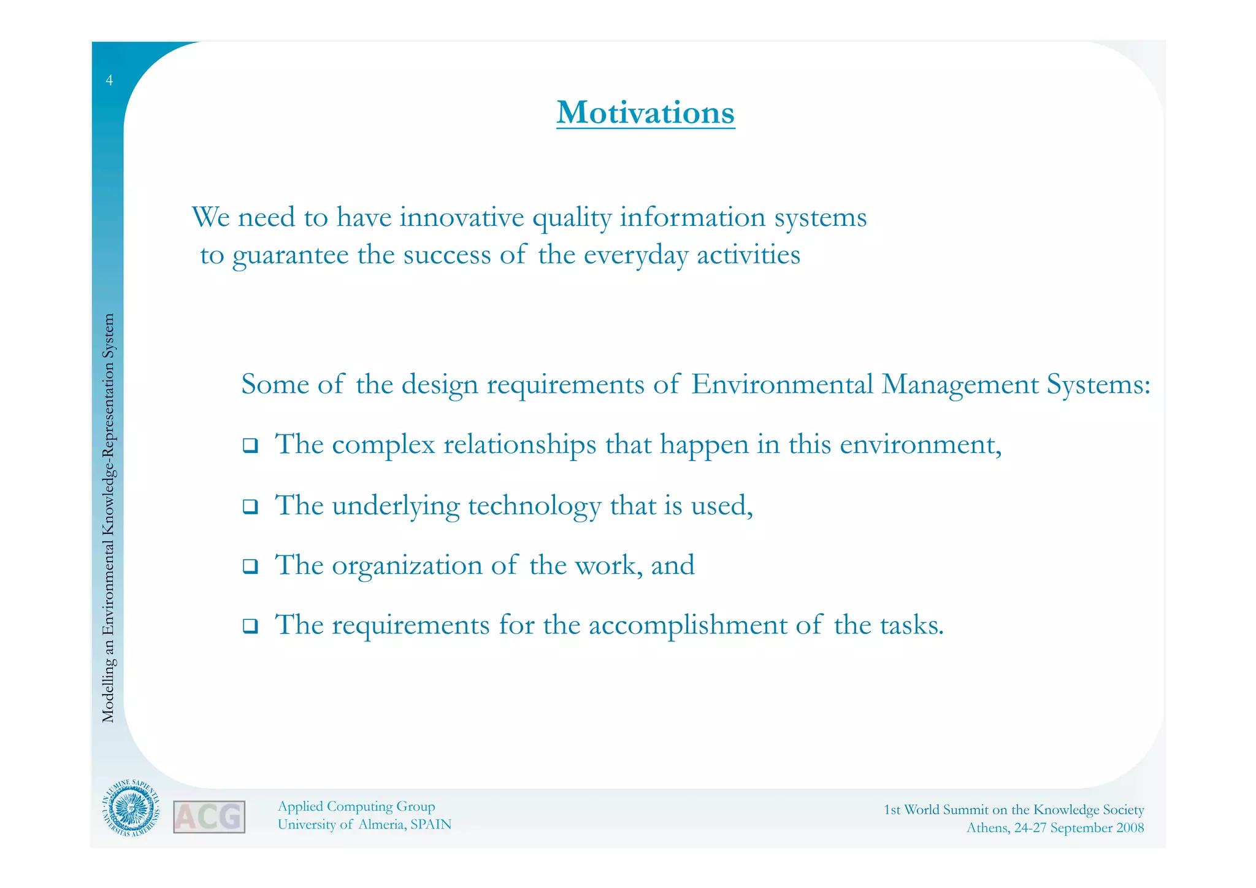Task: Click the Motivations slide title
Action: coord(645,113)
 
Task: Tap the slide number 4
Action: coord(109,80)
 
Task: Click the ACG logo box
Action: coord(209,817)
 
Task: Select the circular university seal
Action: coord(131,812)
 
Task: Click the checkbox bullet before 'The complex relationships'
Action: coord(250,446)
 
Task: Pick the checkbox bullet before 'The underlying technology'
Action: coord(250,507)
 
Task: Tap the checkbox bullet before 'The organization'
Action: coord(250,566)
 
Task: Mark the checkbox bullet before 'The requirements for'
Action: coord(250,627)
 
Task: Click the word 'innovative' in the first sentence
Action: coord(462,217)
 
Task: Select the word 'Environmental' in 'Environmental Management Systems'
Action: coord(782,385)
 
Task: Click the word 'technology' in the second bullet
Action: coord(534,506)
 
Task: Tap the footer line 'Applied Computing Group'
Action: coord(356,806)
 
